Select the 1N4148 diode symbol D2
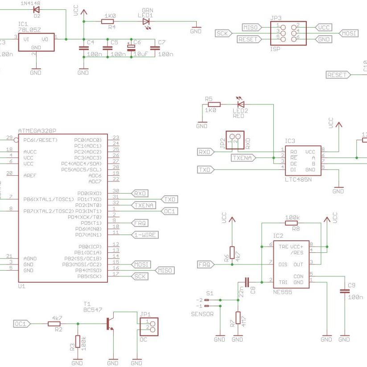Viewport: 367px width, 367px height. [37, 9]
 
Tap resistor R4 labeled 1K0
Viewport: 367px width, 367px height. [109, 21]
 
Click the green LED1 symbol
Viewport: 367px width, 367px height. [146, 21]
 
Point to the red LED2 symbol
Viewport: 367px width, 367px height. [241, 104]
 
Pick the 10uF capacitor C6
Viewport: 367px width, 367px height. [131, 47]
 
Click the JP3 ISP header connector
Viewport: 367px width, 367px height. [288, 33]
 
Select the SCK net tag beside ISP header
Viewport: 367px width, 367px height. [222, 33]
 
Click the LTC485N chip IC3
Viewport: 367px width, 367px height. [303, 160]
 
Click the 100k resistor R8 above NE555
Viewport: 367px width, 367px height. [292, 223]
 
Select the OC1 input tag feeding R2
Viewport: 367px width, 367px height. [22, 324]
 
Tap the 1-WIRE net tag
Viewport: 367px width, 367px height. [145, 235]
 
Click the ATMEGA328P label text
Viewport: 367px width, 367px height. [37, 131]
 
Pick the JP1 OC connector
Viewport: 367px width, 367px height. [149, 326]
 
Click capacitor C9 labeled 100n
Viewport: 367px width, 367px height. [344, 291]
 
